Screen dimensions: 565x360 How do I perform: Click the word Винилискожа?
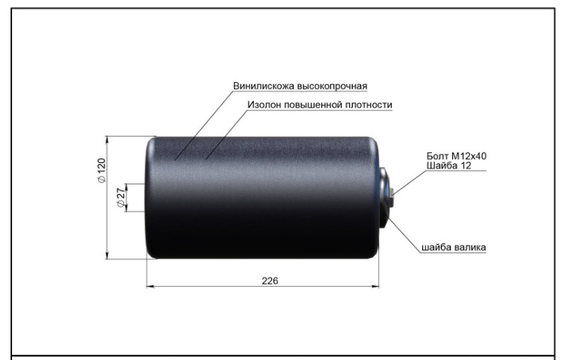[x=264, y=87]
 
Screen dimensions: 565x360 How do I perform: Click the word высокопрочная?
[x=333, y=87]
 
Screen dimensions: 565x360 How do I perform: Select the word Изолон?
[x=265, y=105]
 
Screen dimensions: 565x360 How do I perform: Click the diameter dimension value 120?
[x=102, y=166]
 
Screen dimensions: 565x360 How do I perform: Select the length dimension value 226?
[x=270, y=281]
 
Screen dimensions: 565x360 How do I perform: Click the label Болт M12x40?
[x=457, y=156]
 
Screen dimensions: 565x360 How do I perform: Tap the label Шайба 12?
[x=449, y=166]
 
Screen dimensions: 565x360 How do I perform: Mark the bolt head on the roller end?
[x=392, y=197]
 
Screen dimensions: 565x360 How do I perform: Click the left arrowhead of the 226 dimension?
[x=150, y=287]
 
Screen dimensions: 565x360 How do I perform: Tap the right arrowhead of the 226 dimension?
[x=375, y=287]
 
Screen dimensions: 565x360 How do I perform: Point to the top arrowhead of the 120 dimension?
[x=107, y=140]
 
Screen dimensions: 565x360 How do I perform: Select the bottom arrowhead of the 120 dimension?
[x=107, y=255]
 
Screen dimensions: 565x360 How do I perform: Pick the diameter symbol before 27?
[x=121, y=203]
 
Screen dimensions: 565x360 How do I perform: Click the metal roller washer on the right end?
[x=384, y=197]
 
